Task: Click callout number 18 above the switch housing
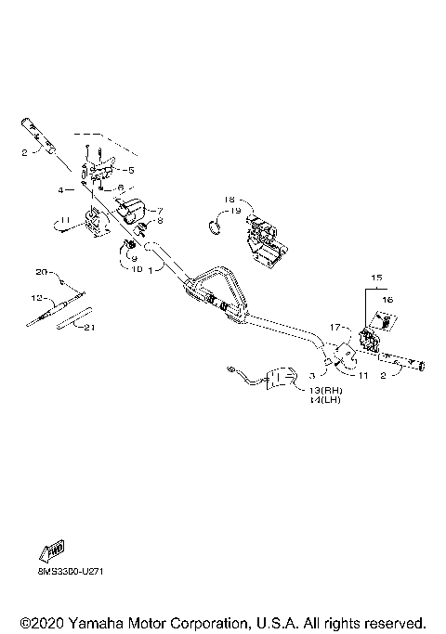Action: [x=230, y=200]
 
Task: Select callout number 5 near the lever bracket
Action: [x=131, y=170]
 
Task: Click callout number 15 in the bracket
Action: [x=376, y=278]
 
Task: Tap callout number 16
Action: [x=388, y=301]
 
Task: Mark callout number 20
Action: [x=41, y=272]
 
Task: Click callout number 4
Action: [x=61, y=189]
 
